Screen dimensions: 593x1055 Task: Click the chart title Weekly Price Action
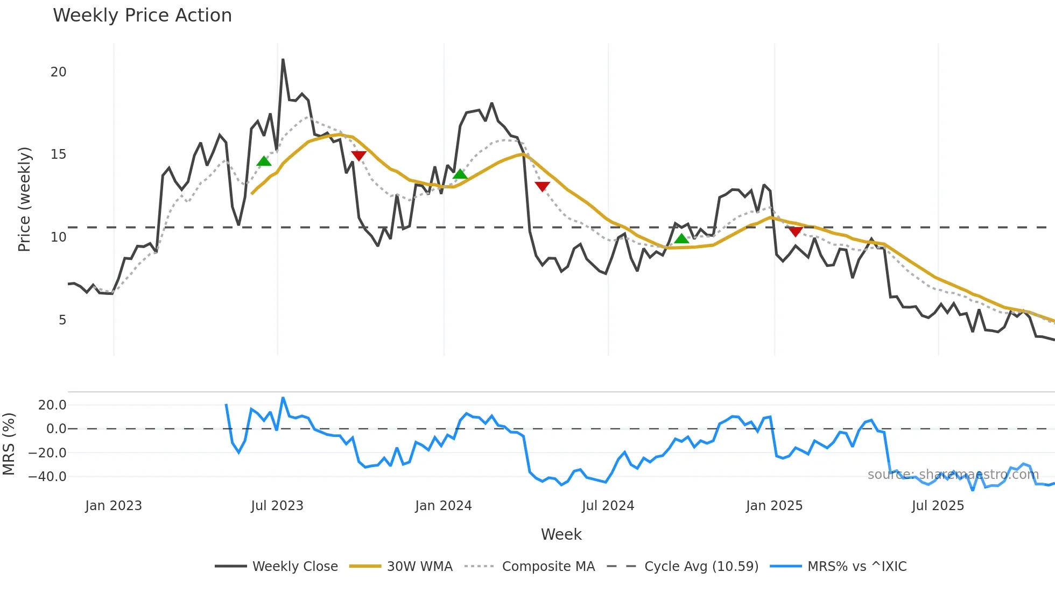[142, 16]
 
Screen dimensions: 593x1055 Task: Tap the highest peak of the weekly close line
[283, 60]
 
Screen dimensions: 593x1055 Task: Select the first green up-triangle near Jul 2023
[264, 161]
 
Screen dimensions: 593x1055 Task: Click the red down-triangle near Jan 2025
[796, 231]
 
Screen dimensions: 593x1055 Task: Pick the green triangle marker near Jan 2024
[460, 174]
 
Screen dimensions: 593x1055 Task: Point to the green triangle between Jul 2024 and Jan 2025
[681, 238]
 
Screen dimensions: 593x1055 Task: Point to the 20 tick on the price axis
[58, 72]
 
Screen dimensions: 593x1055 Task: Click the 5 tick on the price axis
[62, 320]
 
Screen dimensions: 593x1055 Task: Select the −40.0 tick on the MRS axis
[47, 477]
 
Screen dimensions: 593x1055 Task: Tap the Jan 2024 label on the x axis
[444, 506]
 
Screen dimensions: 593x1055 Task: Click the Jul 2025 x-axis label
[938, 506]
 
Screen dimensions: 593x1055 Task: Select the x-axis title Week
[561, 534]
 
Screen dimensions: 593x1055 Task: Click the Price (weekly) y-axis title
[24, 199]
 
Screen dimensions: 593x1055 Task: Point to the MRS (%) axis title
[9, 444]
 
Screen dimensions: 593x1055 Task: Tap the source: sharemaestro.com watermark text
[953, 475]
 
